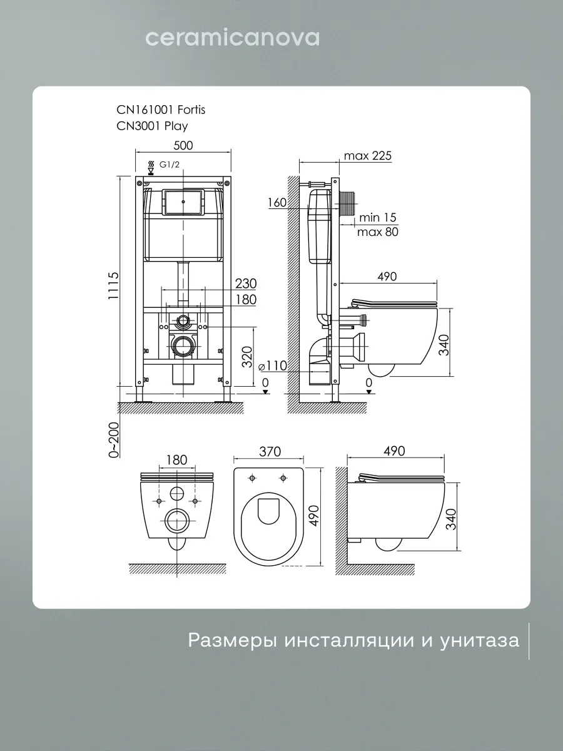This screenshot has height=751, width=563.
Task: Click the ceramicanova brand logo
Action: pyautogui.click(x=233, y=38)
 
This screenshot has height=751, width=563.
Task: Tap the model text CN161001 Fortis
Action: pyautogui.click(x=161, y=110)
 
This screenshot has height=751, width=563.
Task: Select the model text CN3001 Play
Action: pyautogui.click(x=152, y=126)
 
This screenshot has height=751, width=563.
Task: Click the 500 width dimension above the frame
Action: pyautogui.click(x=183, y=145)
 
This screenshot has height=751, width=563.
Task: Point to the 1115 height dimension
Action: pyautogui.click(x=113, y=286)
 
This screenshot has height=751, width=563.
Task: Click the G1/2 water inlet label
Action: pyautogui.click(x=169, y=165)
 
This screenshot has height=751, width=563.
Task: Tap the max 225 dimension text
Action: pyautogui.click(x=367, y=156)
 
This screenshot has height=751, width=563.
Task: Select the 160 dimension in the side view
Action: pyautogui.click(x=277, y=203)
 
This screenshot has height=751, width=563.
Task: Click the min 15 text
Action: pyautogui.click(x=377, y=217)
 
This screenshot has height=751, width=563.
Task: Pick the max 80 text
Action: pyautogui.click(x=378, y=232)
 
